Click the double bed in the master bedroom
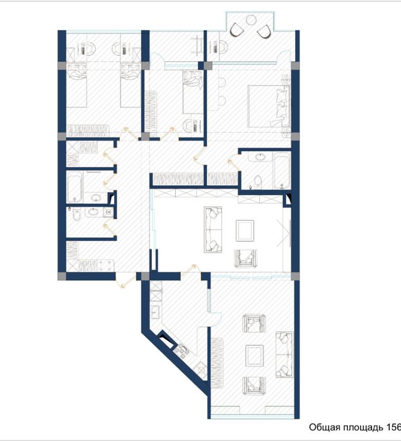tap(267, 104)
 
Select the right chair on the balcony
tap(265, 30)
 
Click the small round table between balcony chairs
tap(252, 25)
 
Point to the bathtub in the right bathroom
tap(281, 169)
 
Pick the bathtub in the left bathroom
tap(74, 187)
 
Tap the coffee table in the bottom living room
tap(254, 355)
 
